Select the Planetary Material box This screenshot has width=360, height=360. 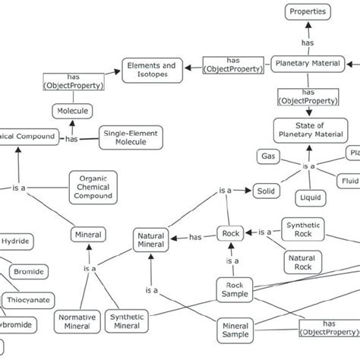tap(306, 65)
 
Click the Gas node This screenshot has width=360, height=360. tap(267, 156)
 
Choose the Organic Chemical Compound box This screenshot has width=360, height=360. tap(93, 185)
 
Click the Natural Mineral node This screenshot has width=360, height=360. tap(150, 241)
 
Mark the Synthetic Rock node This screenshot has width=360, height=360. tap(303, 229)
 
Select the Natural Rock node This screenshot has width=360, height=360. tap(301, 263)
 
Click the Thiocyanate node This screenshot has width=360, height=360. tap(30, 300)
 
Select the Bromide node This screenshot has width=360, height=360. tap(29, 270)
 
